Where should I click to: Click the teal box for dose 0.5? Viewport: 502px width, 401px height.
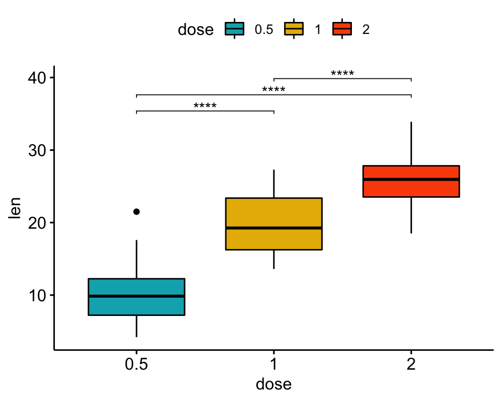(136, 305)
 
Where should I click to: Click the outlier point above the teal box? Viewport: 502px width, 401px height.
(136, 211)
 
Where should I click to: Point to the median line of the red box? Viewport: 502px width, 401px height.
(411, 179)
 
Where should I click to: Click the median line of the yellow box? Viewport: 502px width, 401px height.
(273, 228)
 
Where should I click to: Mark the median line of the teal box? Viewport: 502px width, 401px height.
(136, 296)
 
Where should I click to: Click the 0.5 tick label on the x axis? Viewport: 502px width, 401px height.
(136, 364)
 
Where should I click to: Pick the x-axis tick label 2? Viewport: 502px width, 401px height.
(411, 364)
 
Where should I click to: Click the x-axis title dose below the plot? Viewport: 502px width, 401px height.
(273, 385)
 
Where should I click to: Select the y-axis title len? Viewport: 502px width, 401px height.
(16, 208)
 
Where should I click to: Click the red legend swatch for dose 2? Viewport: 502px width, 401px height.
(342, 30)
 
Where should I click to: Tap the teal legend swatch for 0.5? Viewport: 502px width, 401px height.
(234, 30)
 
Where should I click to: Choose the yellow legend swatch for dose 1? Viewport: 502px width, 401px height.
(293, 30)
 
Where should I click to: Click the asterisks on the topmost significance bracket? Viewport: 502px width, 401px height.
(343, 74)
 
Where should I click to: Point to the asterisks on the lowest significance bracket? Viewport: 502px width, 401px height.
(205, 106)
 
